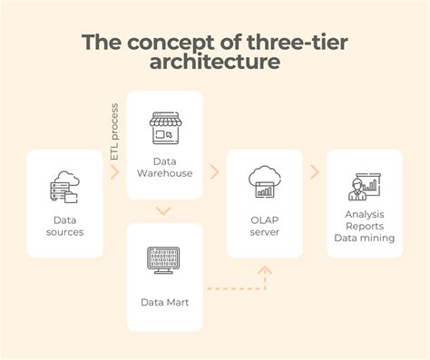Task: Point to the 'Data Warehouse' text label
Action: pyautogui.click(x=164, y=167)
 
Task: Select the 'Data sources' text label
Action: pyautogui.click(x=64, y=225)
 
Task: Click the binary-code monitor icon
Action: pyautogui.click(x=164, y=259)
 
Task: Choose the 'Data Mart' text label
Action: pyautogui.click(x=164, y=302)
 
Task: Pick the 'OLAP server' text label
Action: pyautogui.click(x=264, y=225)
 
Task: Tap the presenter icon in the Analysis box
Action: pyautogui.click(x=363, y=185)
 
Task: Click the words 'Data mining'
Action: pyautogui.click(x=363, y=238)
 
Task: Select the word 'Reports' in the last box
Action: pyautogui.click(x=363, y=227)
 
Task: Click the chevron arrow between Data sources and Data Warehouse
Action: pyautogui.click(x=115, y=171)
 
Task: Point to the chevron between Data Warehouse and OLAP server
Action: pyautogui.click(x=214, y=170)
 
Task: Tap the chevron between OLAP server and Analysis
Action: pyautogui.click(x=314, y=170)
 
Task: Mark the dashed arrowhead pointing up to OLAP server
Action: pyautogui.click(x=264, y=270)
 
